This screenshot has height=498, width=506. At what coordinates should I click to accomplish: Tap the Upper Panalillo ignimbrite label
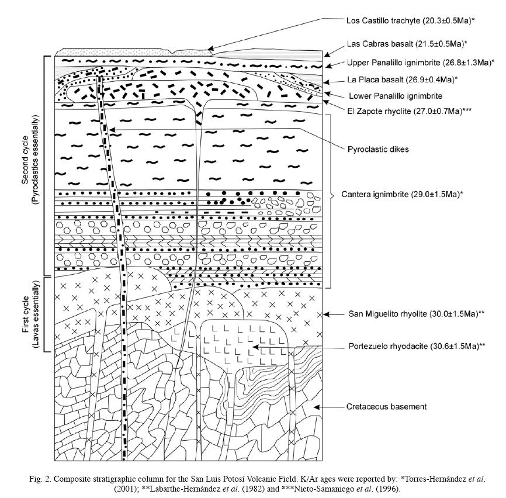420,63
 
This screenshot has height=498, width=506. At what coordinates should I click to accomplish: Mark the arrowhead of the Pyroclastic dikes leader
112,130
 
